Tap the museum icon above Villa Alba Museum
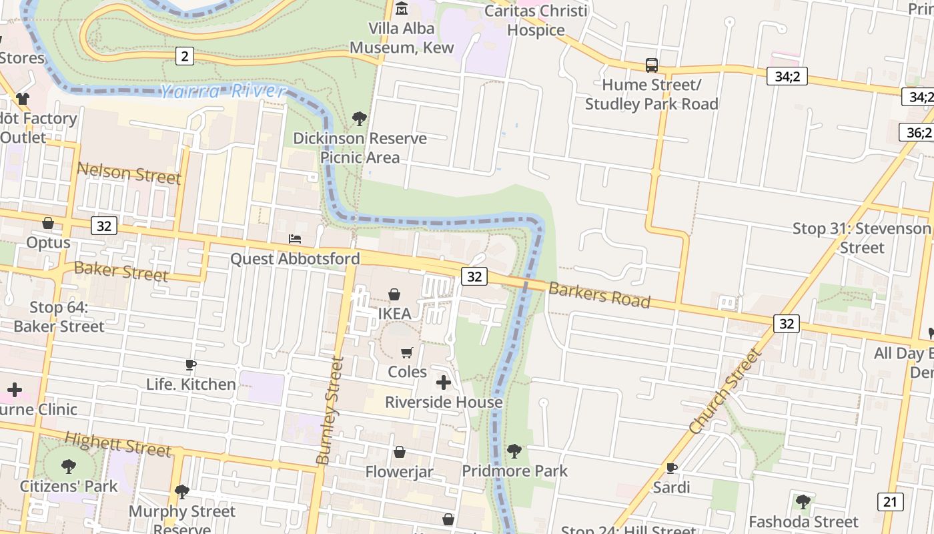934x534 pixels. point(402,9)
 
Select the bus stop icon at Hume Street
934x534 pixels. point(652,65)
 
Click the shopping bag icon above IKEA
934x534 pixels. point(394,294)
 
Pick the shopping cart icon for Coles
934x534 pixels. point(407,352)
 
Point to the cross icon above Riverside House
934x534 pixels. point(444,382)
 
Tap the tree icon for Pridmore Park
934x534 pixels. point(514,451)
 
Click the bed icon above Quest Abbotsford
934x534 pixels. point(295,239)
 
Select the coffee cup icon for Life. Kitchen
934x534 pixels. point(191,364)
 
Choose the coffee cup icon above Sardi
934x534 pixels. point(671,468)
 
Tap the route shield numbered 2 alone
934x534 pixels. point(184,56)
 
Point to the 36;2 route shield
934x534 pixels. point(919,132)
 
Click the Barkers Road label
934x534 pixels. point(599,295)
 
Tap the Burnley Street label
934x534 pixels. point(332,411)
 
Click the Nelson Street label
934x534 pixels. point(129,173)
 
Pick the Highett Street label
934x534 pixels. point(118,443)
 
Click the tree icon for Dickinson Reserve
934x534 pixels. point(360,119)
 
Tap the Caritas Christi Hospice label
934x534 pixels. point(536,20)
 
